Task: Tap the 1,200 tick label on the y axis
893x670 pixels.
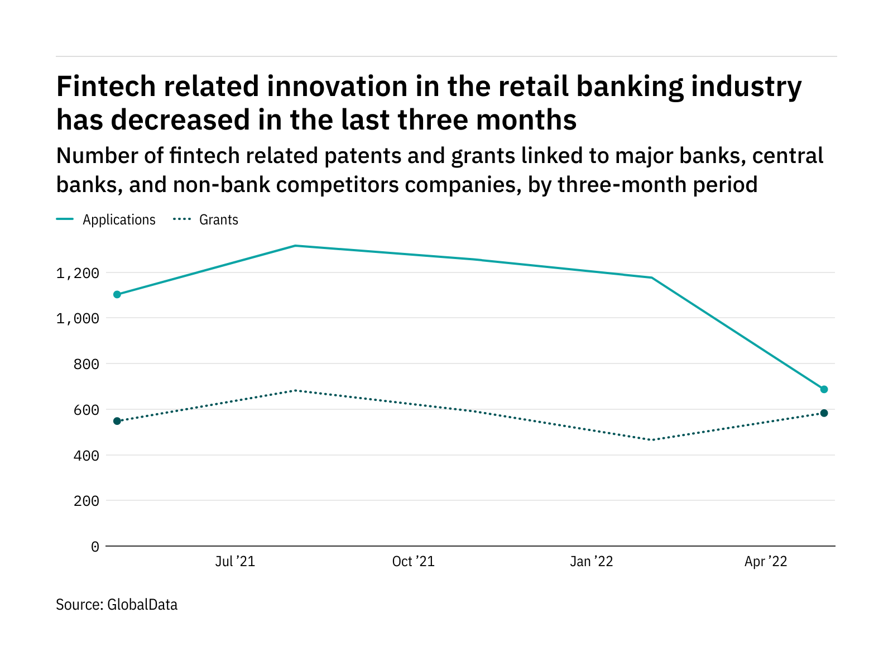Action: tap(78, 273)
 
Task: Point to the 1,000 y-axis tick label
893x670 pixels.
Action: tap(78, 318)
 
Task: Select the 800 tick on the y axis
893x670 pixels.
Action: tap(87, 364)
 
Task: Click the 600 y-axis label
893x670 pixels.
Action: tap(87, 410)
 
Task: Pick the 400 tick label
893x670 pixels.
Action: tap(87, 456)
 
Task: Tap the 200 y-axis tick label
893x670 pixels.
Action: tap(87, 501)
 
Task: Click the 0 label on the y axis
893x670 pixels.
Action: tap(95, 547)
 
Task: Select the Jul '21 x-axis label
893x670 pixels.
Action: tap(235, 562)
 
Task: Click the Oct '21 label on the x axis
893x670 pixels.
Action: tap(413, 562)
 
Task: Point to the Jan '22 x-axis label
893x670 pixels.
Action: tap(591, 562)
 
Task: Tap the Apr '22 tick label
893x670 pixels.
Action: tap(766, 562)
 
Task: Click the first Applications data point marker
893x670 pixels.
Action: tap(117, 294)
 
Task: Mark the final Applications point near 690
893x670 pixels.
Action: tap(824, 389)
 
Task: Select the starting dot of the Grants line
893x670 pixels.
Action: tap(117, 421)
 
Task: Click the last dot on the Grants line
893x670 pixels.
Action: tap(824, 413)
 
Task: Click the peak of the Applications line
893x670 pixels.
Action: tap(295, 246)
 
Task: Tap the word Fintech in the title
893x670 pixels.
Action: tap(102, 87)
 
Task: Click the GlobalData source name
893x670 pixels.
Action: tap(142, 605)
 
